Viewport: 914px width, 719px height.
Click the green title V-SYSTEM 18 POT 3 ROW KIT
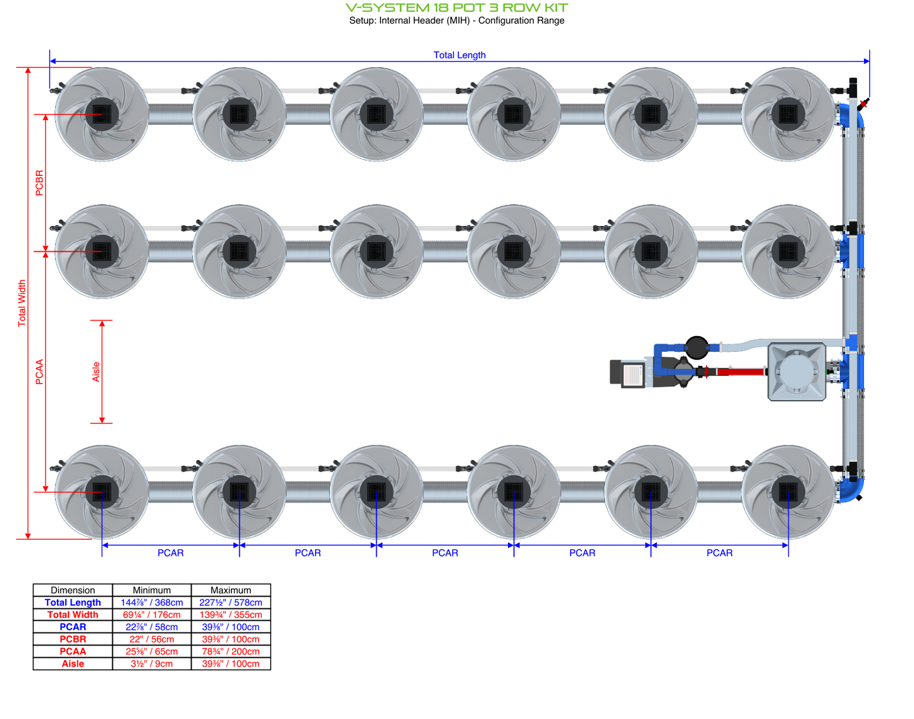pyautogui.click(x=457, y=8)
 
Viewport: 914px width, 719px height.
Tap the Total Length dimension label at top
pyautogui.click(x=459, y=55)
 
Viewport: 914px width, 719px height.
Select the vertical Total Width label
pyautogui.click(x=22, y=303)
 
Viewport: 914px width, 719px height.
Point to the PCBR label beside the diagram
pyautogui.click(x=40, y=183)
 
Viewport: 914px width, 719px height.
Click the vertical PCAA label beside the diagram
pyautogui.click(x=40, y=372)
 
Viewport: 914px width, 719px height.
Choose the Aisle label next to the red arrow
pyautogui.click(x=96, y=372)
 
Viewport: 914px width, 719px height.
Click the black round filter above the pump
pyautogui.click(x=696, y=347)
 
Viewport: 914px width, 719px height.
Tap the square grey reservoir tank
pyautogui.click(x=796, y=372)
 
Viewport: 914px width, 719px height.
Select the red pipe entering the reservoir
pyautogui.click(x=740, y=372)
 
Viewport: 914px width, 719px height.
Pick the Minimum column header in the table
pyautogui.click(x=152, y=590)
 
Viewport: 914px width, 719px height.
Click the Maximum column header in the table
pyautogui.click(x=231, y=590)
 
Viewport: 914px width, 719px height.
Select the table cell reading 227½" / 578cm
pyautogui.click(x=231, y=603)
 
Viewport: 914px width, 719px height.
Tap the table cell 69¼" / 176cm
pyautogui.click(x=152, y=615)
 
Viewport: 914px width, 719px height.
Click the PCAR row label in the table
pyautogui.click(x=73, y=627)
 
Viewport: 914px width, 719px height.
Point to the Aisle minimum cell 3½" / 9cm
pyautogui.click(x=152, y=664)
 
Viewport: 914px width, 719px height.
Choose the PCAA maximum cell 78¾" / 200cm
pyautogui.click(x=231, y=651)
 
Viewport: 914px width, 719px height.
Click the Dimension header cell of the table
pyautogui.click(x=73, y=590)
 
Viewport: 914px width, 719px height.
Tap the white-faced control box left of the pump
pyautogui.click(x=632, y=374)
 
